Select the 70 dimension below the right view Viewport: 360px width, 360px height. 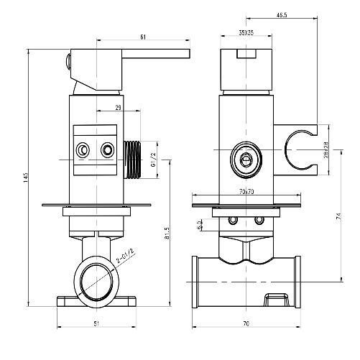246,325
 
